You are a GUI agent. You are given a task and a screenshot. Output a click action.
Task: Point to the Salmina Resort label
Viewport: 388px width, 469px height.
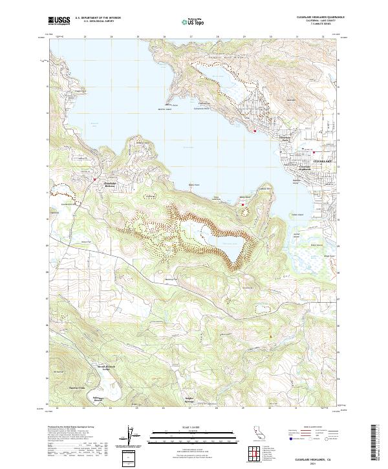coord(98,399)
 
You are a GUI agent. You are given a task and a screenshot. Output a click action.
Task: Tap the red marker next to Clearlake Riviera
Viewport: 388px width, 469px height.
coord(94,179)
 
